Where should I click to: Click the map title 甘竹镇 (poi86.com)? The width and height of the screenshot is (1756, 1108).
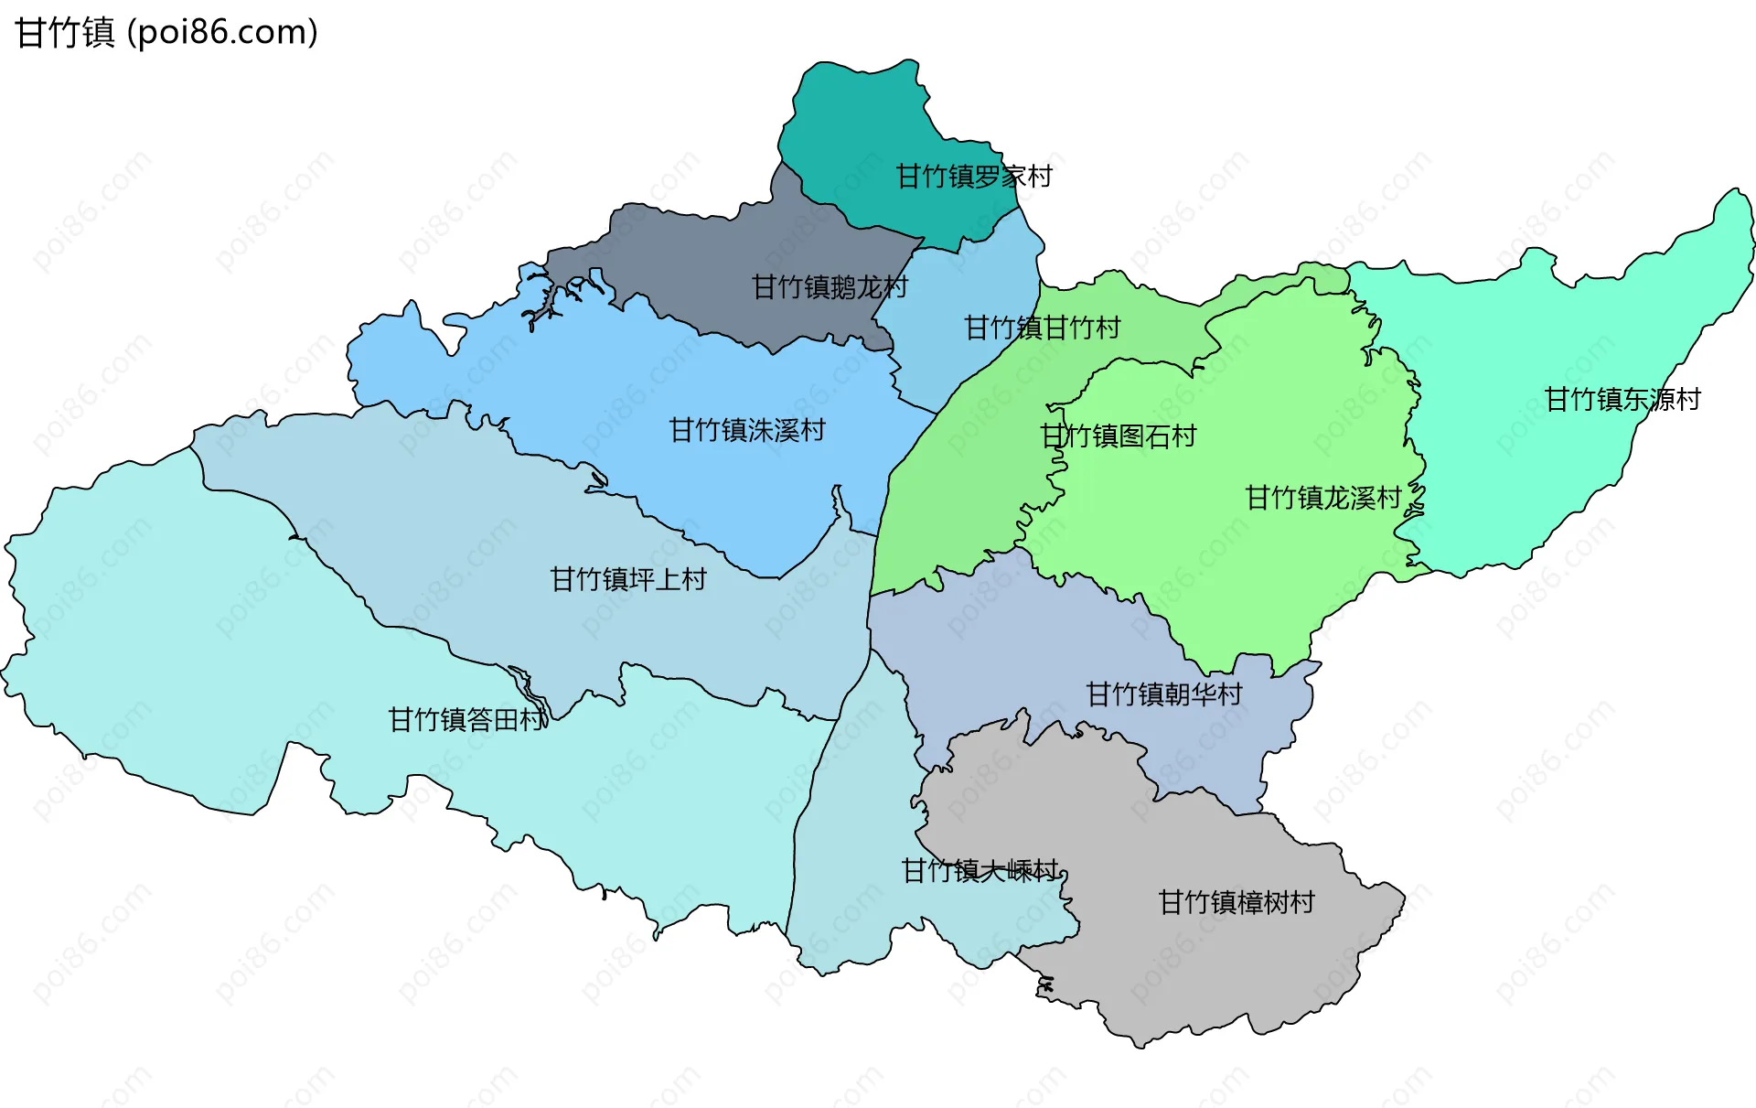click(x=166, y=33)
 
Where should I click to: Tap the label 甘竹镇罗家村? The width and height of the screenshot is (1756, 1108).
click(x=974, y=176)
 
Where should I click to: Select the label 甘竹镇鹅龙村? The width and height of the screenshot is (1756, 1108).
click(x=830, y=287)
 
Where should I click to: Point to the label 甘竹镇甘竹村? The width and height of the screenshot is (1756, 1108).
click(x=1043, y=328)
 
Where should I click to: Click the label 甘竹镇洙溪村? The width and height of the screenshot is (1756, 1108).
click(x=747, y=430)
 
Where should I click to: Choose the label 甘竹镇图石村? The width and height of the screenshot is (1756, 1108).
click(x=1119, y=436)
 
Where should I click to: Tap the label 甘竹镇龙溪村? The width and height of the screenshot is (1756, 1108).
click(x=1323, y=498)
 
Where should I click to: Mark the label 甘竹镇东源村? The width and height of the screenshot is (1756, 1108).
click(x=1622, y=399)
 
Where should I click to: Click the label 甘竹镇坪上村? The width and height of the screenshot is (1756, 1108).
click(x=628, y=579)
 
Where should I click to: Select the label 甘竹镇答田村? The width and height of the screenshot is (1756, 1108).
click(x=466, y=720)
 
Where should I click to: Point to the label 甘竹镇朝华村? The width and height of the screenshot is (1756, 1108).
click(x=1164, y=694)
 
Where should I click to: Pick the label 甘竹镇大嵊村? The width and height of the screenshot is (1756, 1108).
click(x=980, y=870)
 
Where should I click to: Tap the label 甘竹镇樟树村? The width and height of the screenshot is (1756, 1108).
click(x=1237, y=902)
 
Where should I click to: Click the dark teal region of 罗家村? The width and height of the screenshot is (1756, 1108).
click(x=860, y=119)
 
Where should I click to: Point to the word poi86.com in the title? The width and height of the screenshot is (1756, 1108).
click(x=223, y=33)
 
